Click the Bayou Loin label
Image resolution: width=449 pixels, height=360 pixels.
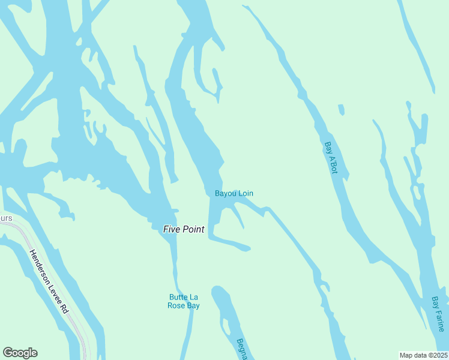click(x=234, y=193)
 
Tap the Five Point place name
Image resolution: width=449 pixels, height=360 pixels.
click(x=184, y=229)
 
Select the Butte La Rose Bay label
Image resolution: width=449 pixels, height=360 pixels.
click(x=184, y=301)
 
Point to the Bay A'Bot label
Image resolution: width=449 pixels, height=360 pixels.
click(x=331, y=158)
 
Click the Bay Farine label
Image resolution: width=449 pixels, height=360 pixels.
click(x=438, y=313)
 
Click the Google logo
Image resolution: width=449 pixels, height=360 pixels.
click(x=20, y=353)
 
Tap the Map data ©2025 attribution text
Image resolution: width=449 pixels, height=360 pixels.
click(x=423, y=355)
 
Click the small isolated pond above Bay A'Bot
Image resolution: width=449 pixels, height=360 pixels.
click(x=341, y=109)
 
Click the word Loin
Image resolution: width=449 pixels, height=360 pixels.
click(x=246, y=193)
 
